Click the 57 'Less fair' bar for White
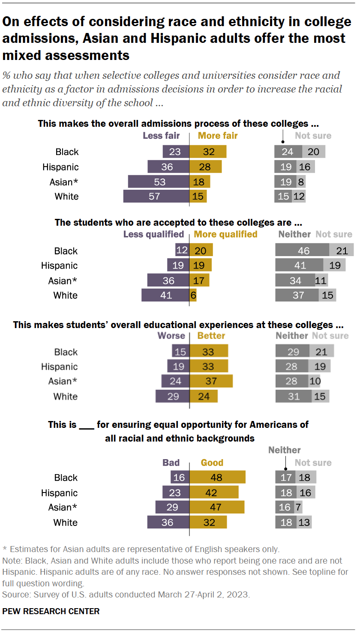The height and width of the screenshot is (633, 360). coord(156,197)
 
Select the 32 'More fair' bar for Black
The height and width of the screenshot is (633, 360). coord(208,152)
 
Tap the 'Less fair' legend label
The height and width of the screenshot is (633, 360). coord(161,136)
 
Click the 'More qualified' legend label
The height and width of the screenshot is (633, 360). coord(225,234)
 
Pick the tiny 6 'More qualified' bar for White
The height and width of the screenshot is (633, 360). coord(193,295)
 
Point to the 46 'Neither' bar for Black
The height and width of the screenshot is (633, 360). coord(302,251)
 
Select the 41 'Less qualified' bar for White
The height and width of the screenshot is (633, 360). coord(165,295)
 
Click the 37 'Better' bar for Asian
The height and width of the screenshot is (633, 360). coord(211,381)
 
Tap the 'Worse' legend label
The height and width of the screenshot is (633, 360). coord(171,336)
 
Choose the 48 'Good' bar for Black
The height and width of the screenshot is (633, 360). coord(218,477)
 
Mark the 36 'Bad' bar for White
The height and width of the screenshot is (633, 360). coord(168,523)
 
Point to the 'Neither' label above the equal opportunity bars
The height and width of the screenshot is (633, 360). coord(284,450)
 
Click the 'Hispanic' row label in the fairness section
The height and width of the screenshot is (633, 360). coord(60,167)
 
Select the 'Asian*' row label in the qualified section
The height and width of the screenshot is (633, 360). coord(63,281)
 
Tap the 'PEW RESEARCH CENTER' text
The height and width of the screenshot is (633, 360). coord(51,611)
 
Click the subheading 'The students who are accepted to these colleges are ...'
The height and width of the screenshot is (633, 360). coord(179,223)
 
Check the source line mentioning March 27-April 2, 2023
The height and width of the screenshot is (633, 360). coord(126,594)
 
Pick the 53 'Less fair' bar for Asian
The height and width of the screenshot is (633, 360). coord(159,182)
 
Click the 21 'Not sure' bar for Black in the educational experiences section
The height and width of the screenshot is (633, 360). coord(321,352)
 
